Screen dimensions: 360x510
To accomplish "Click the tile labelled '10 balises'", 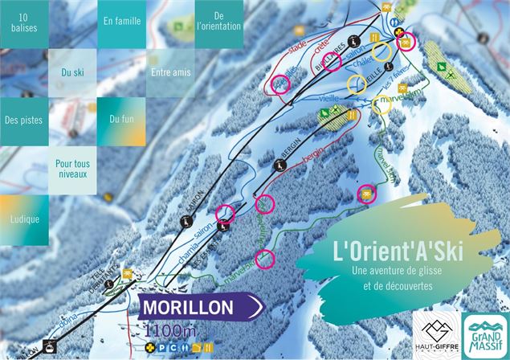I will (x=24, y=23).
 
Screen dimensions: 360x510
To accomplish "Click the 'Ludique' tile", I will (x=24, y=219).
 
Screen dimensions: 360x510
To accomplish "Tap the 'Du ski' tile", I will (x=72, y=72).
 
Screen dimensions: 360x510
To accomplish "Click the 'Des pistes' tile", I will (x=24, y=121).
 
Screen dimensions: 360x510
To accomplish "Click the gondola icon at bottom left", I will (x=48, y=349).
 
